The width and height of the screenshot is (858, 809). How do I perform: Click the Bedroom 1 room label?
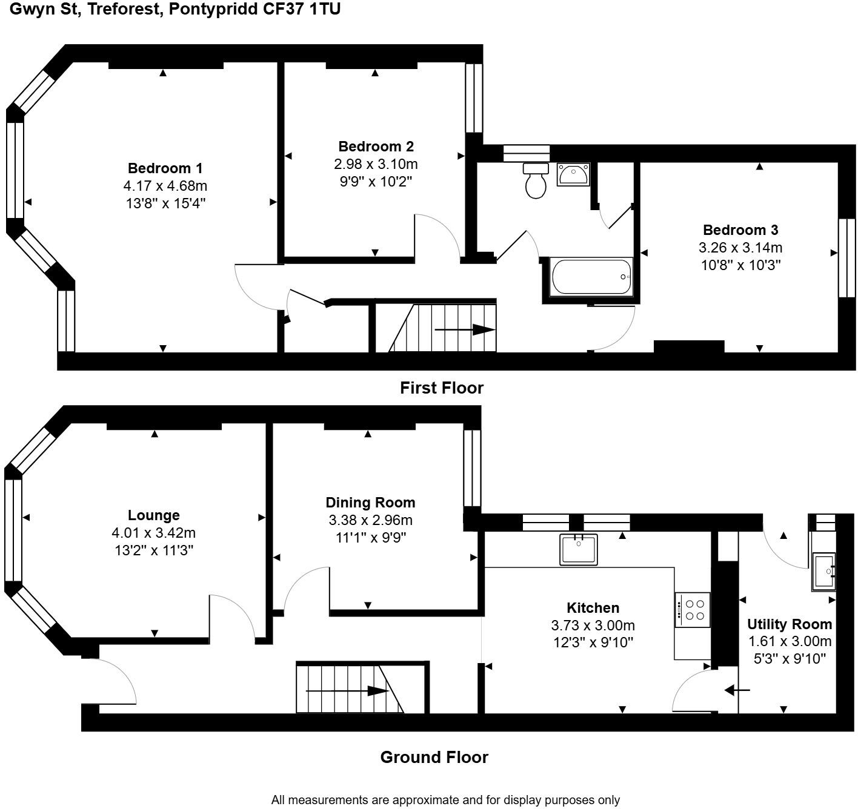[165, 168]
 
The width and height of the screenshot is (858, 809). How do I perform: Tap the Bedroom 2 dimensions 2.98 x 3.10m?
[376, 164]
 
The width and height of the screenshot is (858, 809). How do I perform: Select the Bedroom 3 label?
[740, 230]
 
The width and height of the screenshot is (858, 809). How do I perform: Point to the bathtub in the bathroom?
[591, 277]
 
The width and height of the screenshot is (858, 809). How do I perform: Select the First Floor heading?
[441, 388]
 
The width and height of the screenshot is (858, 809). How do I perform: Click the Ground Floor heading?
[434, 758]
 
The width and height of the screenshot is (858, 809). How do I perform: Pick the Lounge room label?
[153, 515]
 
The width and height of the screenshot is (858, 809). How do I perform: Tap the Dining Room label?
[370, 503]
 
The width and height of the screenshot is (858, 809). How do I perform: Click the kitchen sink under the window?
[578, 549]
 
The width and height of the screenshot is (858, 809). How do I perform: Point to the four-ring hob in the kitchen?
[693, 610]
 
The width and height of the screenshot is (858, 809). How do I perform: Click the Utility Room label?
[789, 624]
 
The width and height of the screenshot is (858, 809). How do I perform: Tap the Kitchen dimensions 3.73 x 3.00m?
[593, 626]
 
